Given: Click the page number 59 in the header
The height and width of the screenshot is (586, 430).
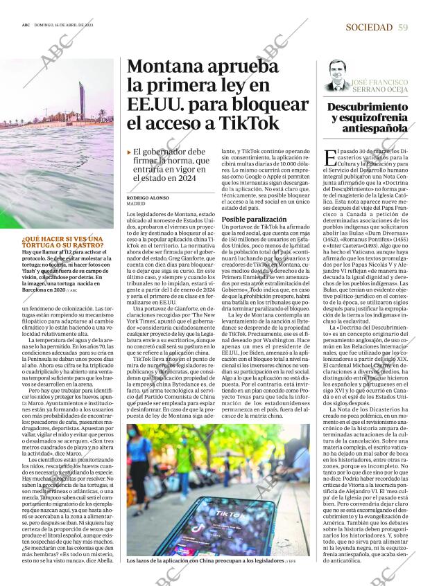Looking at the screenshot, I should pyautogui.click(x=403, y=27).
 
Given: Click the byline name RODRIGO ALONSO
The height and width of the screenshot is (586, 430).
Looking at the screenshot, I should pyautogui.click(x=148, y=197).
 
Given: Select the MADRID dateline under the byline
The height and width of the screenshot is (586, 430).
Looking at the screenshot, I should pyautogui.click(x=136, y=204).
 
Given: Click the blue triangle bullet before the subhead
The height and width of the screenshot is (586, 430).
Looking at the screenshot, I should pyautogui.click(x=129, y=152).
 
